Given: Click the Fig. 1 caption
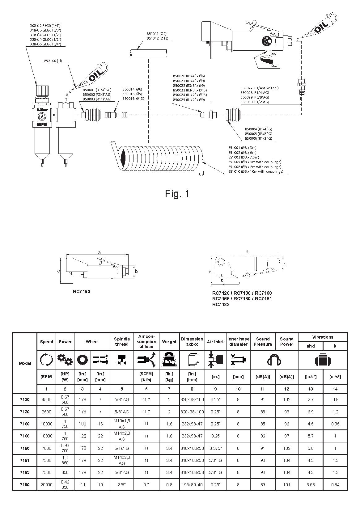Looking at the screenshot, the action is [177, 194].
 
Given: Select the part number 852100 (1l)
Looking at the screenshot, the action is [53, 61].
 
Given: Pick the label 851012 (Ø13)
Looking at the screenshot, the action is [157, 38].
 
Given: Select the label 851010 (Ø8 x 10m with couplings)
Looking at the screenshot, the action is [256, 171].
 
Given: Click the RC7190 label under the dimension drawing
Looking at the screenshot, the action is [82, 292].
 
